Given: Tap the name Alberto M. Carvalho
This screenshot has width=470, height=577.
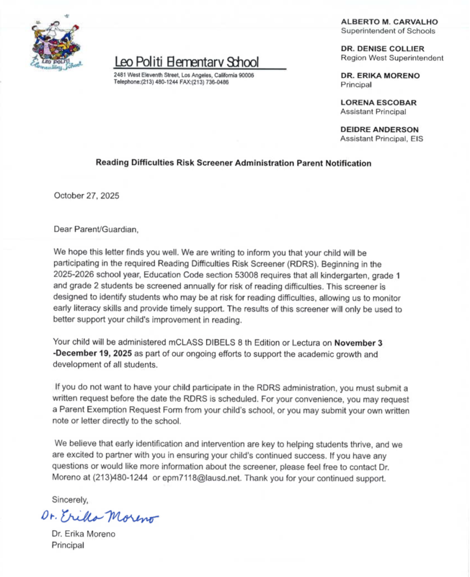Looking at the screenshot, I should (389, 22).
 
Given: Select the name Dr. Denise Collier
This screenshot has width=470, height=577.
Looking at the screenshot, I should (382, 48).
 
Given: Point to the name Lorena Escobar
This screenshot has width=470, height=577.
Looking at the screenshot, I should (378, 102).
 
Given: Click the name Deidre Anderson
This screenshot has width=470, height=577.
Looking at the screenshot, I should (381, 129).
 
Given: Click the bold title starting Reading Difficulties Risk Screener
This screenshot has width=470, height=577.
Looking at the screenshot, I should (234, 164).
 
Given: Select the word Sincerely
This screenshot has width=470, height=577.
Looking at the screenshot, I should (71, 499).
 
